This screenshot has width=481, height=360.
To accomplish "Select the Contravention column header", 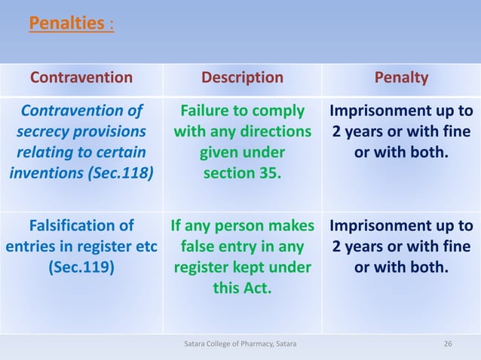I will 81,78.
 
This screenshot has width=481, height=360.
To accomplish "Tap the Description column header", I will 242,78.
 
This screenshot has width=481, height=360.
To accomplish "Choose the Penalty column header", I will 401,78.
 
